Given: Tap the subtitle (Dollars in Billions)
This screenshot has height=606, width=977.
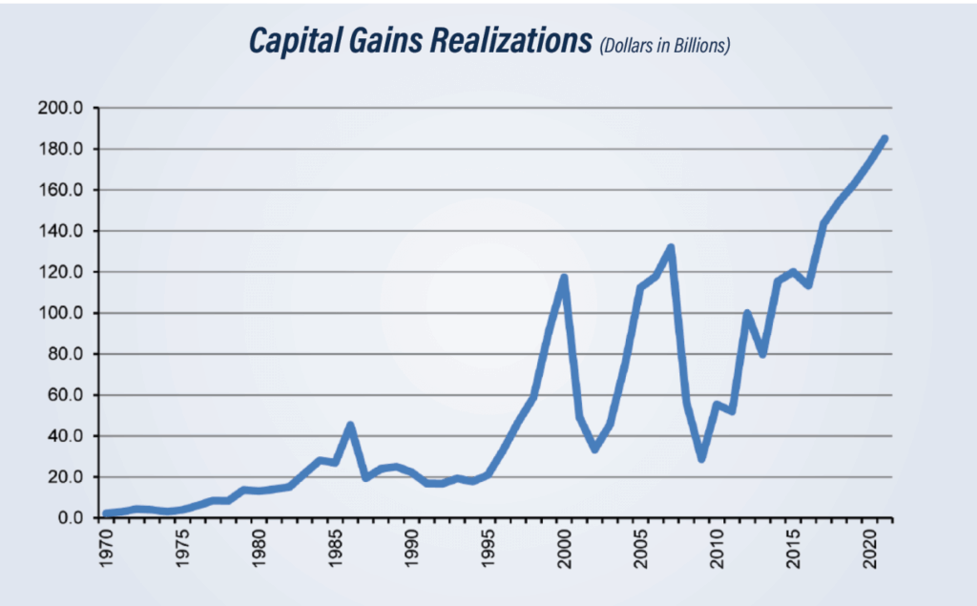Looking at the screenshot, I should (x=664, y=46).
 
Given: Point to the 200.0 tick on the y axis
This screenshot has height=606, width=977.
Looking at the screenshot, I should (x=63, y=108).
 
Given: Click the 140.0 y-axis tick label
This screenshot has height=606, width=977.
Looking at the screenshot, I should (x=63, y=231).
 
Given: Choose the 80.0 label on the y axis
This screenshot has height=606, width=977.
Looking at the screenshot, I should (x=67, y=354).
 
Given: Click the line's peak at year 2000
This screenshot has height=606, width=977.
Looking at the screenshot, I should (x=564, y=278).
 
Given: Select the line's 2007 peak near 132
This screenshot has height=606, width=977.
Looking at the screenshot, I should (x=671, y=247).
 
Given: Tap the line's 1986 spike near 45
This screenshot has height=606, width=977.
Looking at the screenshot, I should (x=350, y=425).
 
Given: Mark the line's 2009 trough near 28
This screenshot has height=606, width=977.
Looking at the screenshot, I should (x=701, y=459).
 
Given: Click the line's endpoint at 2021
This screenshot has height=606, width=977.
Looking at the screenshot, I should (x=884, y=138).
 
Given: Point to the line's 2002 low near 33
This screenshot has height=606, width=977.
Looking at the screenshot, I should (x=594, y=449).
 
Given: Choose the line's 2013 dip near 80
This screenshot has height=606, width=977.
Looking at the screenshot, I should (x=762, y=354).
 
